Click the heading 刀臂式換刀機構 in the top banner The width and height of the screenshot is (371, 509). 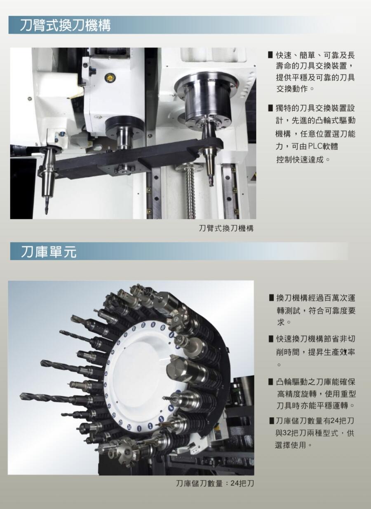click(65, 25)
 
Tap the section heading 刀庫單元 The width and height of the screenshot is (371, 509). click(49, 252)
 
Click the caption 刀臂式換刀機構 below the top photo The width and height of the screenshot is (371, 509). click(226, 228)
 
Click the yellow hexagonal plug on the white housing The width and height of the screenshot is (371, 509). click(109, 78)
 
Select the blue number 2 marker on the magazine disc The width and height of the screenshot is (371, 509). click(150, 425)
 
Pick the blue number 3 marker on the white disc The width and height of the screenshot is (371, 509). click(161, 418)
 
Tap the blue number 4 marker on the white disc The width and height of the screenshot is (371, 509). click(170, 408)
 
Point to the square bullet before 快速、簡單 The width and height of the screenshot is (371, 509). click(270, 55)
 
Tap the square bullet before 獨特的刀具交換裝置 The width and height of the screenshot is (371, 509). click(270, 108)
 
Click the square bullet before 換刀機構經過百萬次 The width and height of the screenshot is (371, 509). click(271, 297)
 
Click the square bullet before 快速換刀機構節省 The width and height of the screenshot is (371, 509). click(271, 339)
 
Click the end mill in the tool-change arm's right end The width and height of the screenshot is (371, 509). click(210, 179)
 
